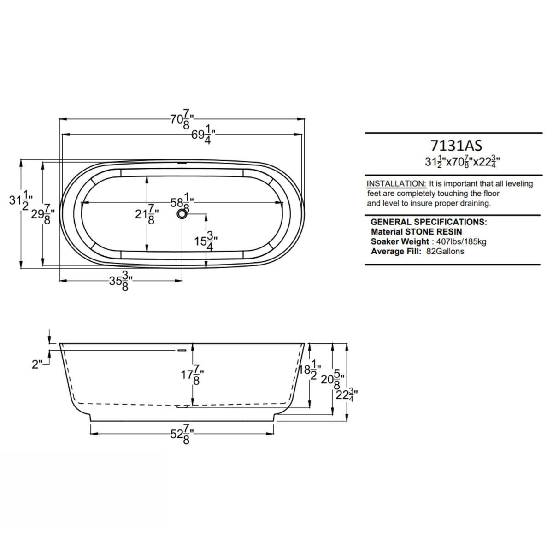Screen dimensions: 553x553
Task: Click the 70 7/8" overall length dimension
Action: (x=182, y=120)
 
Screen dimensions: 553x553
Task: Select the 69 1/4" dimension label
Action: (x=203, y=135)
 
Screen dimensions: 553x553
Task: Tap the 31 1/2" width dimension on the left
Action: (x=20, y=201)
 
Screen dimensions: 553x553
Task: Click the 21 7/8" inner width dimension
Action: (x=147, y=215)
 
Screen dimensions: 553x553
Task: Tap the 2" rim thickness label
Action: (x=37, y=364)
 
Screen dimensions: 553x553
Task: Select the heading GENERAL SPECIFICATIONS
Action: (x=429, y=222)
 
